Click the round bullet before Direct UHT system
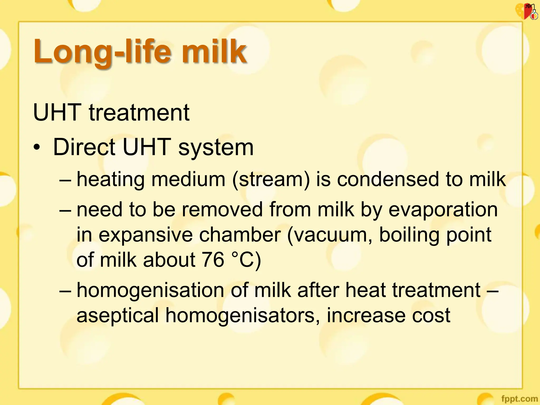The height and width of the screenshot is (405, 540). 37,147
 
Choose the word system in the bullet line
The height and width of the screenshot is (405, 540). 216,148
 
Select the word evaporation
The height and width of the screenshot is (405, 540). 443,210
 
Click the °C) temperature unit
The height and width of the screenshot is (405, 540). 247,260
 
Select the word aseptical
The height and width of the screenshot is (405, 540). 118,315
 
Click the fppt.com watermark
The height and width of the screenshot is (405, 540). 519,398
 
